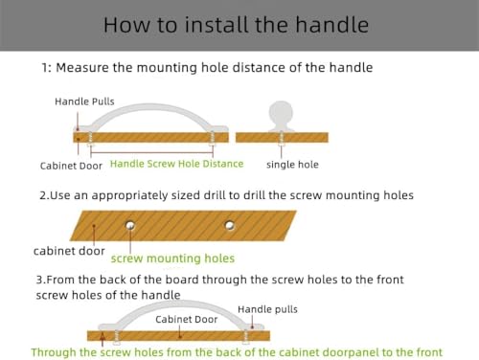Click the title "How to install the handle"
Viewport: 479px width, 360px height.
236,25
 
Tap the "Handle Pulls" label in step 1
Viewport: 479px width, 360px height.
84,101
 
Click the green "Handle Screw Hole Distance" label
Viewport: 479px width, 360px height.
176,164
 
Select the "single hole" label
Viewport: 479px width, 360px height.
292,165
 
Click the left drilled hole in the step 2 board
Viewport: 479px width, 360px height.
130,226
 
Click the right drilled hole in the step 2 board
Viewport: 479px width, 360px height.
229,226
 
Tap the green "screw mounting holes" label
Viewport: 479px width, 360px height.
172,259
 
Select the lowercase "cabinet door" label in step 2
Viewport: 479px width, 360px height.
69,251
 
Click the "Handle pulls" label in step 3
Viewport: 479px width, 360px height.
267,309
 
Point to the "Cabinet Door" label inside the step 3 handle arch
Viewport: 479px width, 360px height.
187,320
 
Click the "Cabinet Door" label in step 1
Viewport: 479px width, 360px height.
71,166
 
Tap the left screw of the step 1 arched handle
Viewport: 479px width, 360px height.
90,139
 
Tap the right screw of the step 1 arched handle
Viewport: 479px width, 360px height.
212,139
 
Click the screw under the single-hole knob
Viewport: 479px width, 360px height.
282,139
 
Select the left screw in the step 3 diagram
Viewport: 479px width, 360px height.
117,337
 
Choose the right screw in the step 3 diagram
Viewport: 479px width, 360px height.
245,337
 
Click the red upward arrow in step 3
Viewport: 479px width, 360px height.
103,339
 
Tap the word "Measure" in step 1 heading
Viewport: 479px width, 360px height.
82,68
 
